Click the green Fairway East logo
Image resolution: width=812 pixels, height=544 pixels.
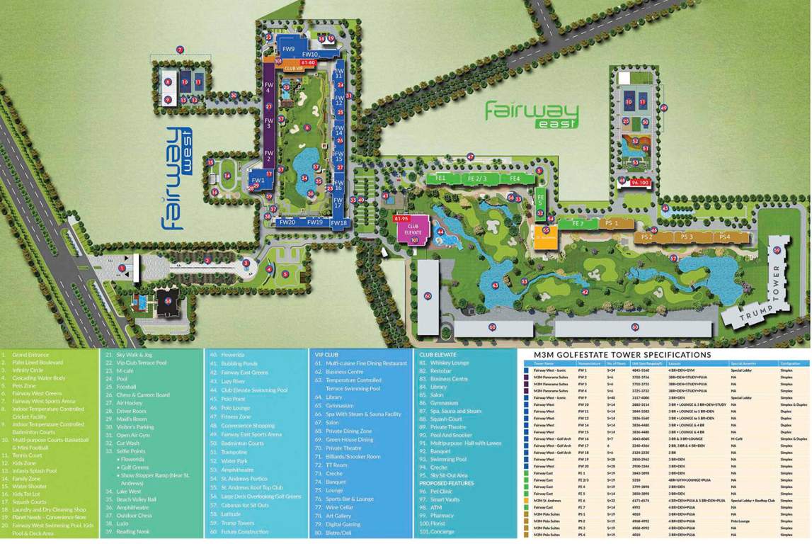click(x=532, y=115)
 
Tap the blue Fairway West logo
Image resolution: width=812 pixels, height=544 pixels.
click(x=173, y=178)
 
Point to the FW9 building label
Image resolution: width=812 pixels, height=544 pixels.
click(x=288, y=49)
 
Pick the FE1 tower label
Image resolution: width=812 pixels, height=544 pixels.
click(x=440, y=178)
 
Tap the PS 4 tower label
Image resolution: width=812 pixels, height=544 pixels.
click(x=724, y=237)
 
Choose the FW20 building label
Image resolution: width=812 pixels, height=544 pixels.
click(x=287, y=222)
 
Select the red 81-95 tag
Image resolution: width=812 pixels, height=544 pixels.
click(x=401, y=219)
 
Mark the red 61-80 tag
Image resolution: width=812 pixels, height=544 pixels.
click(x=307, y=63)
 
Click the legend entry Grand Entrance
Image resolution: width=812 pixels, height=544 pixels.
click(x=30, y=354)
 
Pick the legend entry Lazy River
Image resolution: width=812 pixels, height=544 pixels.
click(x=233, y=381)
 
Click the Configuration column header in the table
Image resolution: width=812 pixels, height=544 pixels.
click(x=790, y=363)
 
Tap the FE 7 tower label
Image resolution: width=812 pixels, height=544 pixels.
click(x=578, y=224)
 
